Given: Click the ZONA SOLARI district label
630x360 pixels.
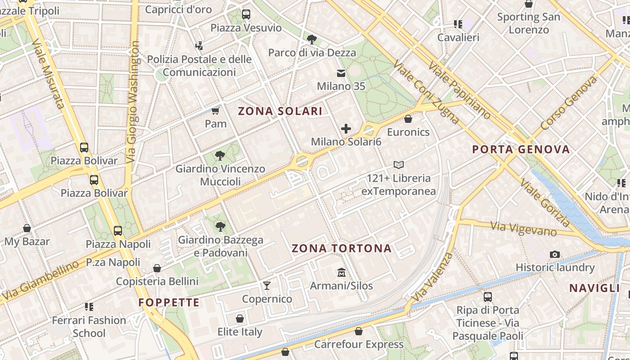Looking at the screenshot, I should (x=280, y=111).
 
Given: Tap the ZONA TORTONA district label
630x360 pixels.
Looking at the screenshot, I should (x=342, y=248).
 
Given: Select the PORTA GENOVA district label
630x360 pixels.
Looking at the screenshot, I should (x=521, y=149).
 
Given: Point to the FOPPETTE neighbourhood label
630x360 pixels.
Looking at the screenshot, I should (x=169, y=302).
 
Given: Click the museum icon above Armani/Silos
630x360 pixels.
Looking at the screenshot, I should (x=341, y=272).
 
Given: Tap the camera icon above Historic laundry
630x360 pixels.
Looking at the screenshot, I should (x=555, y=254).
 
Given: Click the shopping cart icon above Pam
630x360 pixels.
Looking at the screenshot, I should (x=216, y=110).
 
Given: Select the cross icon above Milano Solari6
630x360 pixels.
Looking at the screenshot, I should (x=346, y=129).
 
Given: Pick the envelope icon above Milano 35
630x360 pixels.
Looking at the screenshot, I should (x=341, y=73).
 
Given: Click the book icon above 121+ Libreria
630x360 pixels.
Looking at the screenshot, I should (x=398, y=165).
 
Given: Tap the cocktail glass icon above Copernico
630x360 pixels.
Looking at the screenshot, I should (x=267, y=285).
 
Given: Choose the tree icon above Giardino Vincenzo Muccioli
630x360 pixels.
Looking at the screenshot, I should (x=220, y=156).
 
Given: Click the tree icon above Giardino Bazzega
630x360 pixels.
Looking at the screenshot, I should (x=220, y=226).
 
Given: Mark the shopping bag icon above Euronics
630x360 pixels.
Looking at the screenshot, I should (x=408, y=119).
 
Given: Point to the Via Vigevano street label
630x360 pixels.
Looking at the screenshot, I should (x=524, y=229).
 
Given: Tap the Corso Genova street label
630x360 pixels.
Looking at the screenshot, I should (x=569, y=103).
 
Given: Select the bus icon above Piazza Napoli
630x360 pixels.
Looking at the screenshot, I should (x=118, y=231).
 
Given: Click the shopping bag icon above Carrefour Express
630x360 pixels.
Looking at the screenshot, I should (x=358, y=331).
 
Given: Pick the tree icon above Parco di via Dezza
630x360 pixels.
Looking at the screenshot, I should (x=311, y=39).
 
